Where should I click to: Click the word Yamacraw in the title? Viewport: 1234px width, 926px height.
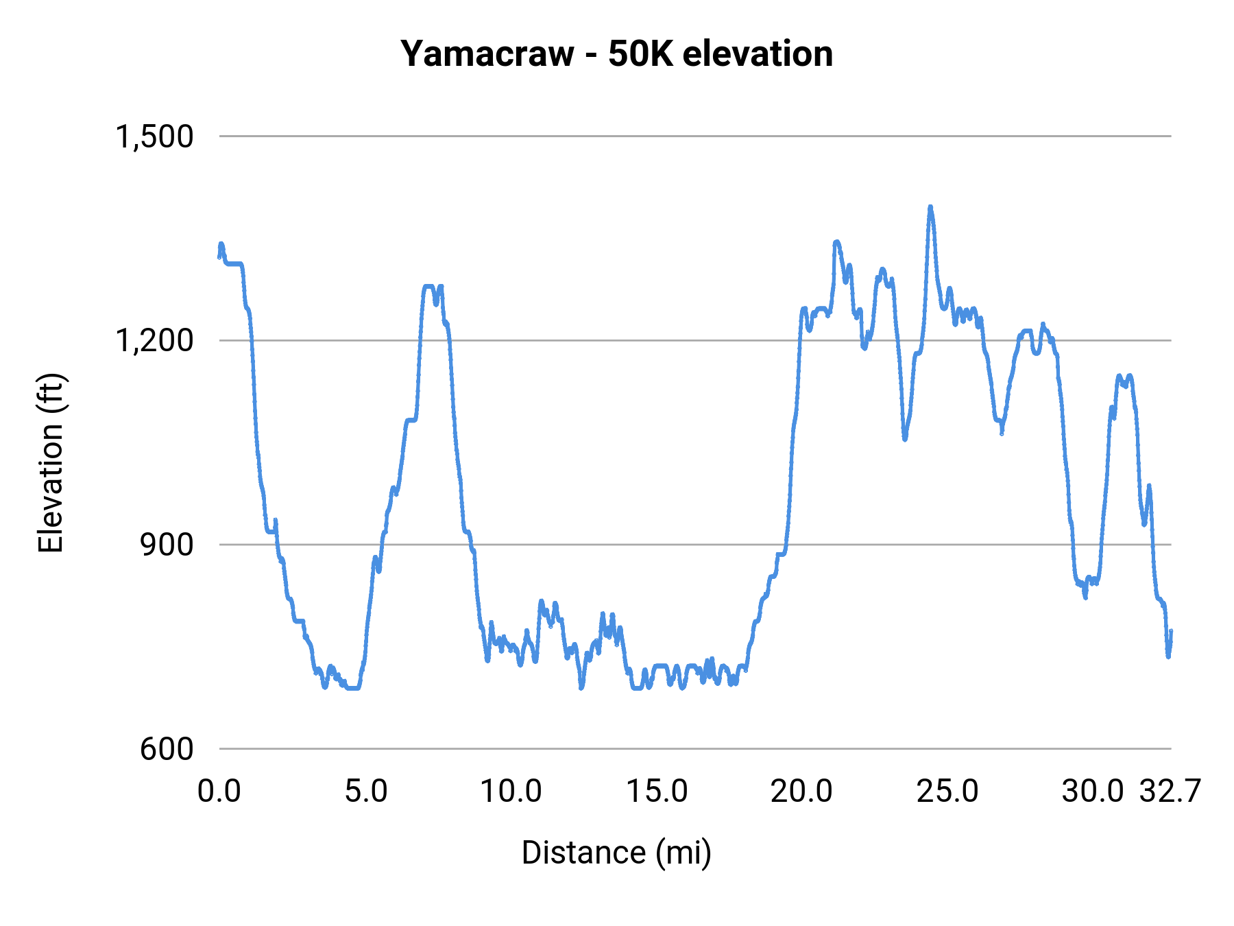(487, 54)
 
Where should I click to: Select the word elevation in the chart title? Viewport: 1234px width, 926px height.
(758, 54)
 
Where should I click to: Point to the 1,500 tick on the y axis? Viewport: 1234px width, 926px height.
(154, 136)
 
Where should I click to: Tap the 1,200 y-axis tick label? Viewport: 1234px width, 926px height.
(154, 340)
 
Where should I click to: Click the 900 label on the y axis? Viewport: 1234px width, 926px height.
(167, 545)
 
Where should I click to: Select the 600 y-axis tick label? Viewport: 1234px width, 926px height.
(167, 748)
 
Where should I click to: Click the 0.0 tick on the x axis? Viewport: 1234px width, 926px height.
(219, 792)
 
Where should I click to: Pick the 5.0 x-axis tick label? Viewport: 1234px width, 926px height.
(365, 792)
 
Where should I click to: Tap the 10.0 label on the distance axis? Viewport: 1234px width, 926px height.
(511, 792)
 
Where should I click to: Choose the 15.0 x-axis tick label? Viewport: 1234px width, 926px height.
(657, 792)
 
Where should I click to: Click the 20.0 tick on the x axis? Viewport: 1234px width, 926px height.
(801, 792)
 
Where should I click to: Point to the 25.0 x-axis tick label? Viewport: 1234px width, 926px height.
(947, 792)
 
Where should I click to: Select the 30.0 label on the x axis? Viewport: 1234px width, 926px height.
(1093, 792)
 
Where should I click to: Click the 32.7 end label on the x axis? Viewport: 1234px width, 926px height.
(1170, 792)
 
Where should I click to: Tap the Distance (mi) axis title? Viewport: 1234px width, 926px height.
(616, 853)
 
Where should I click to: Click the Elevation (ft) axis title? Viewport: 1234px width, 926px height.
(51, 463)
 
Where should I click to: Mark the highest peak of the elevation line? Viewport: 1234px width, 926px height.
(930, 206)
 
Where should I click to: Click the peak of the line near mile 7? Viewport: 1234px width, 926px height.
(429, 286)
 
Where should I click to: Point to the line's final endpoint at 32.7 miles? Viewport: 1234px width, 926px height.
(1171, 631)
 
